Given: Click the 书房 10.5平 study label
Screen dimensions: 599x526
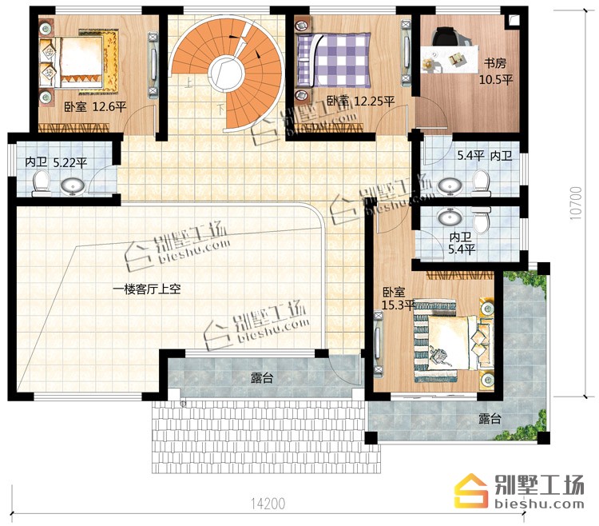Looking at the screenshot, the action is (x=496, y=71).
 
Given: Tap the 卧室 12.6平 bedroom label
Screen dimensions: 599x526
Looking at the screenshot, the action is (x=95, y=106).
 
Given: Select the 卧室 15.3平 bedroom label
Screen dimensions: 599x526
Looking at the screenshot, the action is (x=399, y=298).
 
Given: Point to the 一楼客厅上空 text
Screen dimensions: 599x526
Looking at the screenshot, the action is (x=147, y=289).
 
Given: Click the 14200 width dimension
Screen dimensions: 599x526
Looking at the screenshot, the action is (x=268, y=504).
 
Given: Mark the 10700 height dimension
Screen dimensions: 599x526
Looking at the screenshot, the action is (x=576, y=203).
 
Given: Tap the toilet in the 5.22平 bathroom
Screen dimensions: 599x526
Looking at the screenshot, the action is (x=42, y=183).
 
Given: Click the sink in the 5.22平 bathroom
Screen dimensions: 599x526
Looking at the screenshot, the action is (x=73, y=186).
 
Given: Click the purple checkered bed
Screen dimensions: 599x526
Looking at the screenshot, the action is (x=334, y=60).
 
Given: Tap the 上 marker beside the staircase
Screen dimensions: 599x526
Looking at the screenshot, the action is (x=188, y=83).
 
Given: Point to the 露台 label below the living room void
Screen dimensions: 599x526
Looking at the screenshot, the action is (x=262, y=378).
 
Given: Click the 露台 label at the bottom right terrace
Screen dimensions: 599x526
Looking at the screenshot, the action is (x=490, y=419).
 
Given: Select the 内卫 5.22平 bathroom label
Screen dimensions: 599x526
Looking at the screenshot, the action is (x=56, y=162).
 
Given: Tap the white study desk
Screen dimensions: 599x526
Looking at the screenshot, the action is (x=450, y=58).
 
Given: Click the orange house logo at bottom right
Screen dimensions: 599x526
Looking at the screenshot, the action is (x=471, y=491).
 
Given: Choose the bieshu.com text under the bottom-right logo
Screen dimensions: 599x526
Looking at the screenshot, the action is (x=539, y=504).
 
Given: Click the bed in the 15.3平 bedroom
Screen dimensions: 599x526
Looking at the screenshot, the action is (x=449, y=341).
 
